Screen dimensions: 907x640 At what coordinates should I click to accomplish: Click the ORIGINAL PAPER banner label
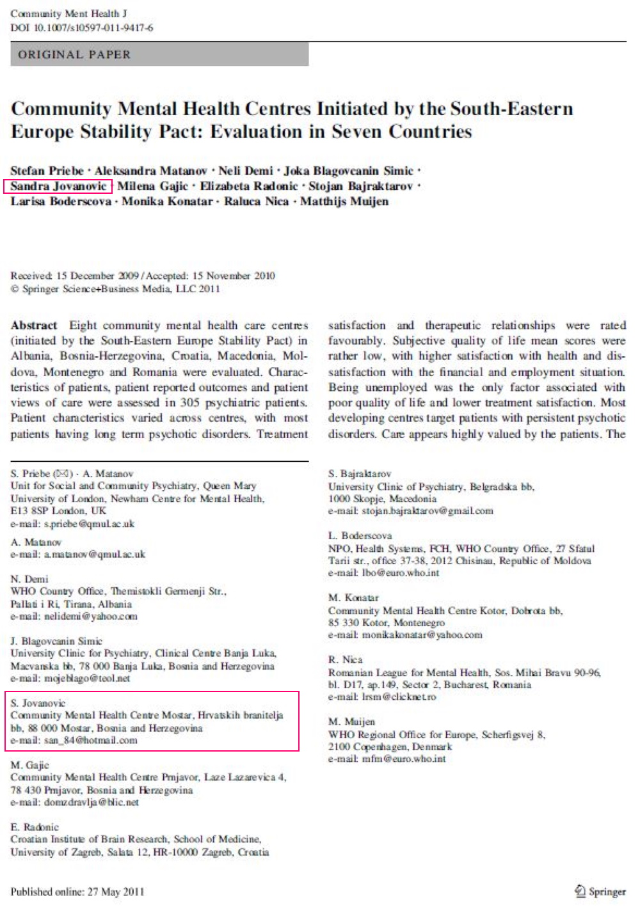click(x=74, y=55)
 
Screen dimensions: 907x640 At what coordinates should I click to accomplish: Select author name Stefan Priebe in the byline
click(x=47, y=171)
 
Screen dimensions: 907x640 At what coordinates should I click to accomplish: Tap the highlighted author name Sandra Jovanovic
click(x=58, y=186)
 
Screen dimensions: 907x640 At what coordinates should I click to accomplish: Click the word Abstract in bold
click(x=34, y=326)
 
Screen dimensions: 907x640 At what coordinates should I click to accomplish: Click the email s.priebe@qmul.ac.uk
click(x=89, y=524)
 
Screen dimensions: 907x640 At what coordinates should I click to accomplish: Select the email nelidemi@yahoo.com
click(x=90, y=617)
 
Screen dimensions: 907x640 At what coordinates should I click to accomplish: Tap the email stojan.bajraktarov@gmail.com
click(x=428, y=511)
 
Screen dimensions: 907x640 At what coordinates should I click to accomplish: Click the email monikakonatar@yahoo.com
click(x=422, y=635)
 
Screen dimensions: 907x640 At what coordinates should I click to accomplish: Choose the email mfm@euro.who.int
click(x=404, y=759)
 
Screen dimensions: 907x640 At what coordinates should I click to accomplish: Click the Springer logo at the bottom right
click(x=600, y=891)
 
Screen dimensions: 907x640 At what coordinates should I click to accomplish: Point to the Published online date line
click(x=77, y=892)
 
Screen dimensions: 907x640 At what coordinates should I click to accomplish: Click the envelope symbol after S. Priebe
click(x=63, y=474)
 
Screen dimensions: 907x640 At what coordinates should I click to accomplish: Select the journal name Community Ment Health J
click(x=68, y=14)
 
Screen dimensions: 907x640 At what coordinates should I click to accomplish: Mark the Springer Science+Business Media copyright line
click(x=115, y=289)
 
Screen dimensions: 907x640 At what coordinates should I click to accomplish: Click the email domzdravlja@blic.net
click(x=91, y=803)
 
